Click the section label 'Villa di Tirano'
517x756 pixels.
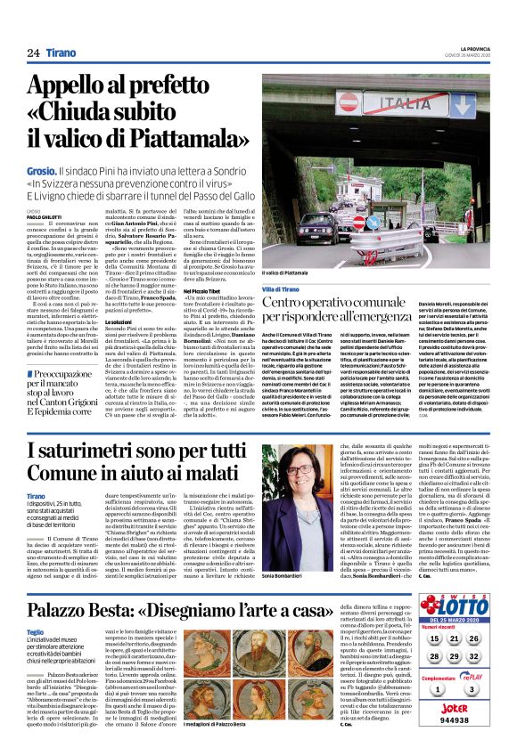point(283,289)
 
